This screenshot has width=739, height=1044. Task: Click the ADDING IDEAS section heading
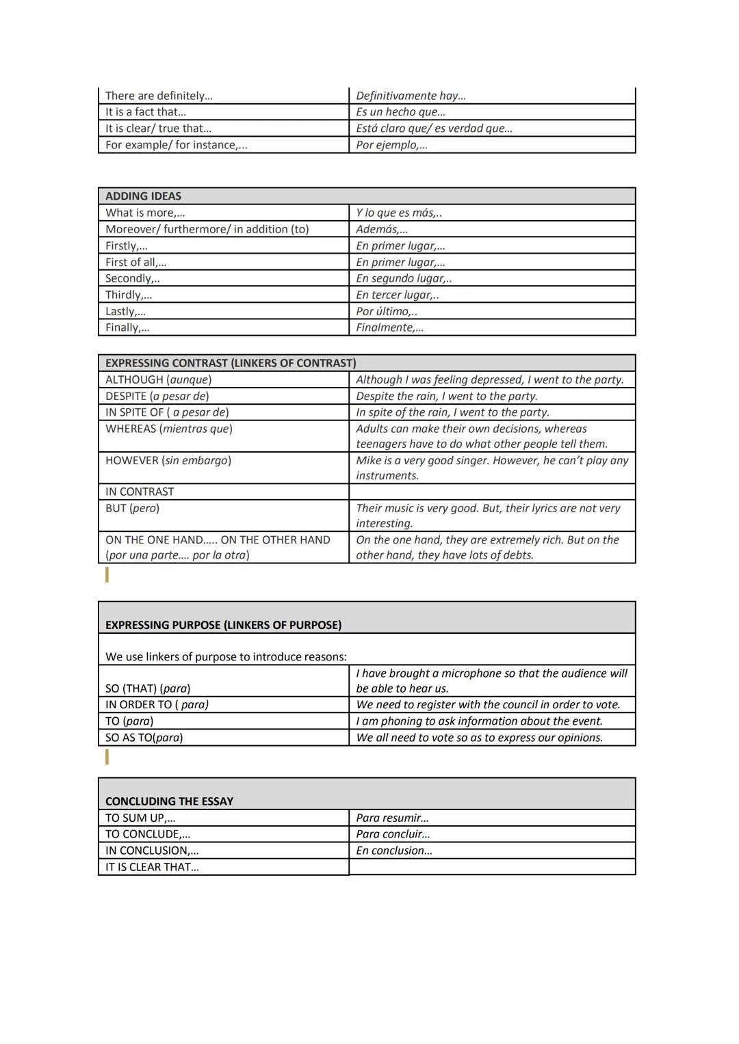click(x=143, y=196)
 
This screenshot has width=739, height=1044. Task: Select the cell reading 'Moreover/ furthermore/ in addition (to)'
click(x=207, y=229)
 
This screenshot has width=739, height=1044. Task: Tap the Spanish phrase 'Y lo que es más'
click(x=398, y=213)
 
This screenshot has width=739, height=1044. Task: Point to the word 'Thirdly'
click(x=128, y=295)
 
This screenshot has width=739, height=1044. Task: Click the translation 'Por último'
click(x=386, y=311)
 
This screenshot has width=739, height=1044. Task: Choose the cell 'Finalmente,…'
click(x=389, y=327)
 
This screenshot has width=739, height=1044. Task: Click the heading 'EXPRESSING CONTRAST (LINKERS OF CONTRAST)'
click(x=231, y=363)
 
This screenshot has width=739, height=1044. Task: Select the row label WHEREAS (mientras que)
click(x=168, y=429)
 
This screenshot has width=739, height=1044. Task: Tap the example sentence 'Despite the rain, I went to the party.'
click(x=446, y=396)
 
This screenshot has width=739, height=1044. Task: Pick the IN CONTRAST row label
click(x=139, y=492)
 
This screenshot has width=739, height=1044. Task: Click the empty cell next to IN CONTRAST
click(x=491, y=492)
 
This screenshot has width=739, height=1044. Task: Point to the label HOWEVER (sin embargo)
click(x=168, y=460)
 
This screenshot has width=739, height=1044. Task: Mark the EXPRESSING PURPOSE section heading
click(x=223, y=625)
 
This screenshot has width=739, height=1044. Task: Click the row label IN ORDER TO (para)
click(x=157, y=704)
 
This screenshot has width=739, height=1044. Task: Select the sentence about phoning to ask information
click(x=479, y=721)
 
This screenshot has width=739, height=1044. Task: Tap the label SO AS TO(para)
click(x=144, y=737)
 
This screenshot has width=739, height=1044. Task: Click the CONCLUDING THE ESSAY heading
click(x=169, y=801)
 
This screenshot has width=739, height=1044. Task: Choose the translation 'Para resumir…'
click(x=392, y=818)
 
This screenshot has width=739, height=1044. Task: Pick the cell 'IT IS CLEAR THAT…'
click(x=152, y=867)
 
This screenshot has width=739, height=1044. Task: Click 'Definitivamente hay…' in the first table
click(x=411, y=96)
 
